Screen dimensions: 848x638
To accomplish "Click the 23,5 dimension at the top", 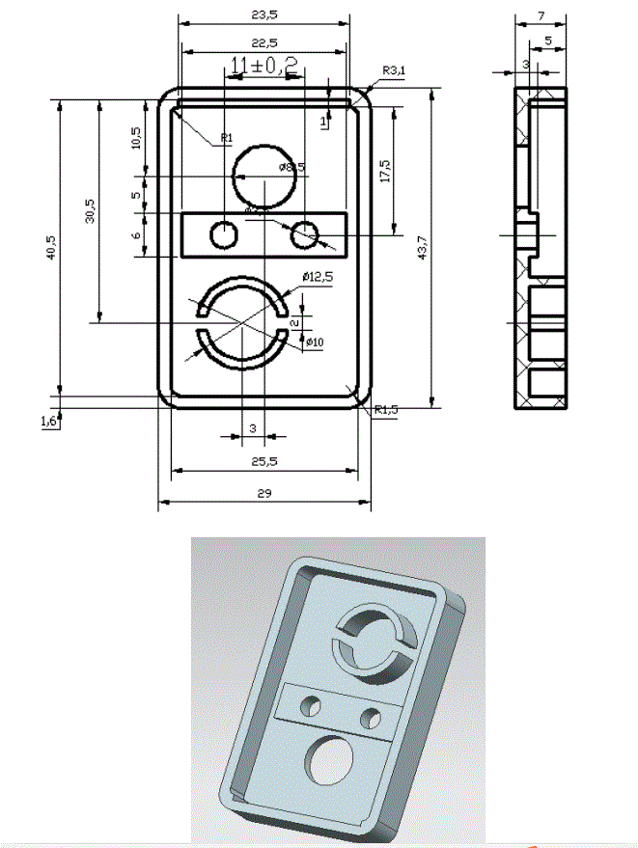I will (264, 14).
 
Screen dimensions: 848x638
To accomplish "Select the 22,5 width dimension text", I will (264, 42).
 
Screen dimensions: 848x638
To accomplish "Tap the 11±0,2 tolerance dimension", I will (264, 65).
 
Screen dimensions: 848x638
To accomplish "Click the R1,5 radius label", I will (386, 408).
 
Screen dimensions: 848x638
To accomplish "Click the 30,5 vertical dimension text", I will (90, 211).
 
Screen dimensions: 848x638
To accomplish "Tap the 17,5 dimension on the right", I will (385, 171).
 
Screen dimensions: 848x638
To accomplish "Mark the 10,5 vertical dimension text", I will (136, 138).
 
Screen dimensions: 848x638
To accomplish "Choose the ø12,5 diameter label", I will (317, 277).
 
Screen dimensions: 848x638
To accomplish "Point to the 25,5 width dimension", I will (264, 462).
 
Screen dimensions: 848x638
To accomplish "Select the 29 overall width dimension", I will (264, 493).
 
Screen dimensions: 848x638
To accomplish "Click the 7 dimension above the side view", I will (541, 16).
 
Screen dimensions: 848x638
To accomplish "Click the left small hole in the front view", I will (224, 233).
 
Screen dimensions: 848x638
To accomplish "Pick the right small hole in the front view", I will (306, 233).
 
